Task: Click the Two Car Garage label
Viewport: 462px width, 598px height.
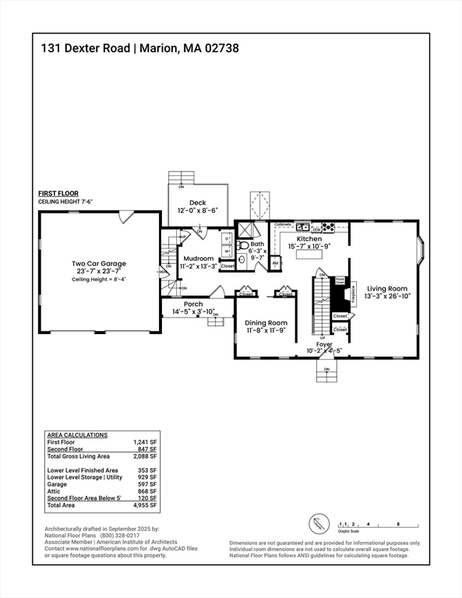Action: coord(98,263)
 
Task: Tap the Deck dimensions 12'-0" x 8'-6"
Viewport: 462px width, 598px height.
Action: coord(197,210)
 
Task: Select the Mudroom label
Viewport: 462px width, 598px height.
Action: coord(198,258)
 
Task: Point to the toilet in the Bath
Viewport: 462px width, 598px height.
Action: coord(242,261)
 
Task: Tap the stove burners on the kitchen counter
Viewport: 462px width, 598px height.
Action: coord(328,228)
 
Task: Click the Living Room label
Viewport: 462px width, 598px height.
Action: coord(387,288)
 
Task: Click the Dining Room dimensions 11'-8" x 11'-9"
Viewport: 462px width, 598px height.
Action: coord(266,330)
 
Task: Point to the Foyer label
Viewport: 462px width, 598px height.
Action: coord(324,343)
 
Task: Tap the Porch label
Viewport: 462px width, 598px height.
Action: coord(192,304)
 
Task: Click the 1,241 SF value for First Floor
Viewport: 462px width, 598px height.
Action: coord(145,441)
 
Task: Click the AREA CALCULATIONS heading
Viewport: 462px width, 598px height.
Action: coord(77,434)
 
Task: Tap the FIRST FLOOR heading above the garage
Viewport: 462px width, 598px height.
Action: coord(59,194)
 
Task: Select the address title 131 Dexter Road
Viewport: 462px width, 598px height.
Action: coord(86,48)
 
